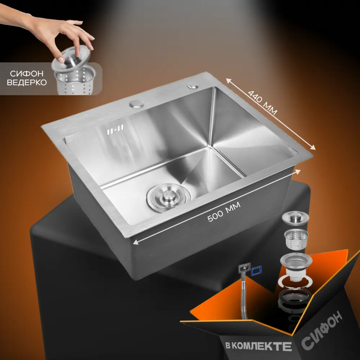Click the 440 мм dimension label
[x=263, y=103]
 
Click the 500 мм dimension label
[x=224, y=212]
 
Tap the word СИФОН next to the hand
[x=27, y=73]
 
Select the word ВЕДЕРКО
[x=27, y=82]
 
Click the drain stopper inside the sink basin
[x=169, y=197]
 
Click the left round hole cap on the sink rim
[x=136, y=104]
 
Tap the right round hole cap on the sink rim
[x=193, y=86]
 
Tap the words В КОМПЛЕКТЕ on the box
[x=258, y=346]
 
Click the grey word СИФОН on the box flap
[x=322, y=330]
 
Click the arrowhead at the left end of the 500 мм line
[x=135, y=242]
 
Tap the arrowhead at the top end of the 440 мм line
[x=229, y=81]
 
